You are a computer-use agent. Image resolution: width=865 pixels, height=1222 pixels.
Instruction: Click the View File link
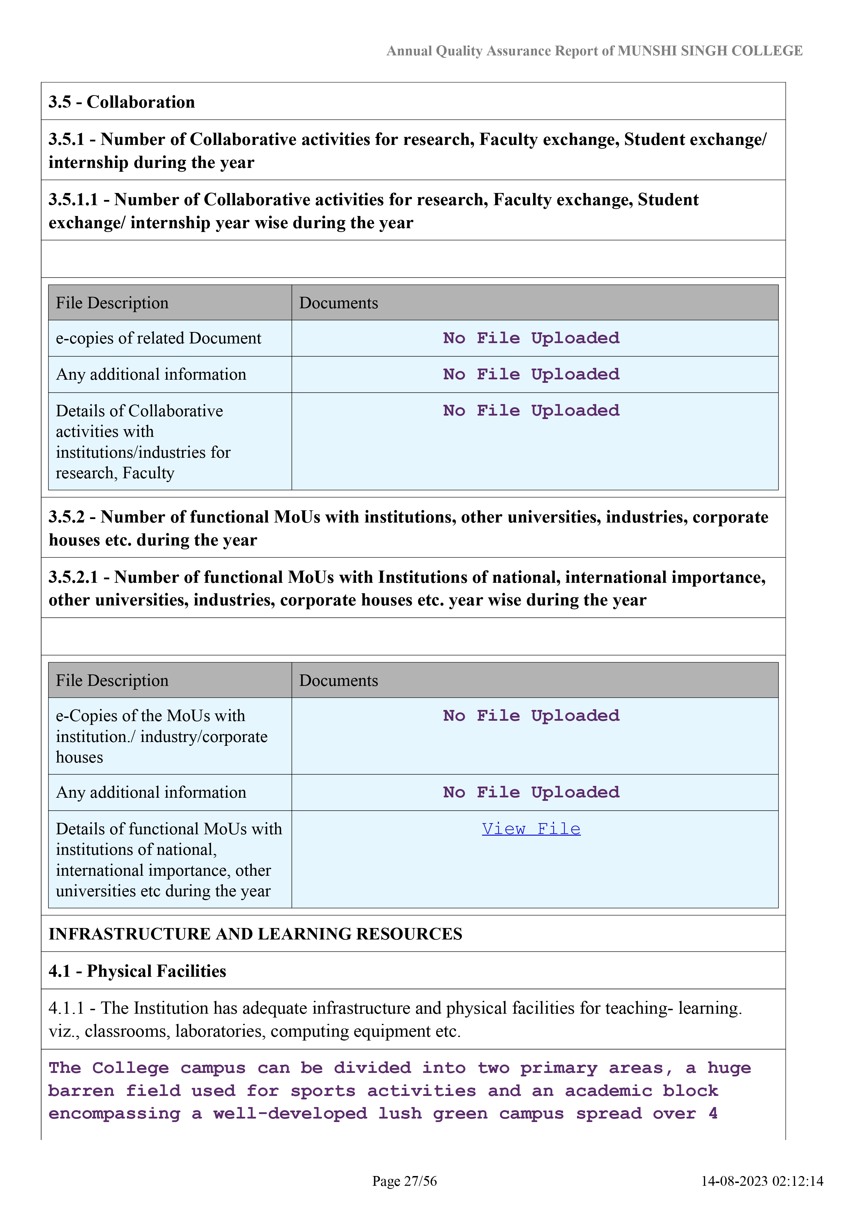tap(531, 829)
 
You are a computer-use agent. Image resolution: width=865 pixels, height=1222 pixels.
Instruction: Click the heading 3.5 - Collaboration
tap(121, 102)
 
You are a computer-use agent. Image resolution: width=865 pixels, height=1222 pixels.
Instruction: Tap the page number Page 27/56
tap(404, 1181)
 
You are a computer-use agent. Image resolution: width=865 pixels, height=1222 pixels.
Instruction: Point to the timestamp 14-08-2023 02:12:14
tap(762, 1181)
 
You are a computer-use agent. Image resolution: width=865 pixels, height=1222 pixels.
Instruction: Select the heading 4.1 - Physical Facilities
tap(137, 971)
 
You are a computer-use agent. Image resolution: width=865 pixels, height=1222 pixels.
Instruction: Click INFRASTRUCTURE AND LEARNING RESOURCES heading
tap(255, 934)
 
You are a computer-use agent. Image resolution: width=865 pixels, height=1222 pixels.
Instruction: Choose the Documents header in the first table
tap(339, 303)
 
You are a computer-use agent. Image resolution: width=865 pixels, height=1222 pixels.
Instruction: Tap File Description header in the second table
tap(112, 680)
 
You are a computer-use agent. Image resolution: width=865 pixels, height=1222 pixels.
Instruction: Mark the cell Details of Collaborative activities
tap(143, 441)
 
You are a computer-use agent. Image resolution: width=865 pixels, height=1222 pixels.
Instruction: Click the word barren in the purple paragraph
tap(81, 1091)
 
